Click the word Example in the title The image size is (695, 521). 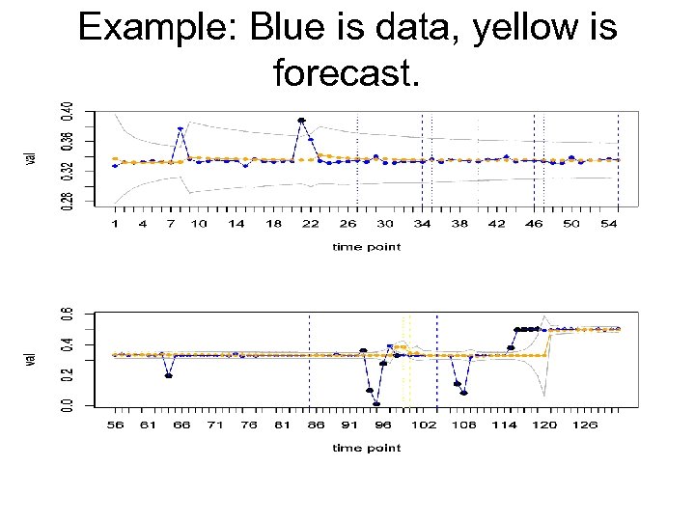pos(156,28)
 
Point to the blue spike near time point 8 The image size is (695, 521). pos(181,128)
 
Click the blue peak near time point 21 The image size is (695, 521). pos(301,121)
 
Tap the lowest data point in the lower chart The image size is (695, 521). pos(376,403)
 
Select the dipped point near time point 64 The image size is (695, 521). pos(169,375)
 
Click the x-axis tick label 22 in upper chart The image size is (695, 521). pos(311,224)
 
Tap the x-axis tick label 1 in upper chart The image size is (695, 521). pos(115,224)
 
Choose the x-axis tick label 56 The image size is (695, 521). pos(115,424)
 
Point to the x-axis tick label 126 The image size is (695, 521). pos(585,424)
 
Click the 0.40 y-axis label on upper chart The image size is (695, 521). pos(67,113)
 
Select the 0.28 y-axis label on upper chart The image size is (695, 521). pos(67,199)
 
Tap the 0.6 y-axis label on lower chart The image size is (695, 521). pos(66,315)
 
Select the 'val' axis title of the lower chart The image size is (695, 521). pos(32,358)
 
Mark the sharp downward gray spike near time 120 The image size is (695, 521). pos(545,394)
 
